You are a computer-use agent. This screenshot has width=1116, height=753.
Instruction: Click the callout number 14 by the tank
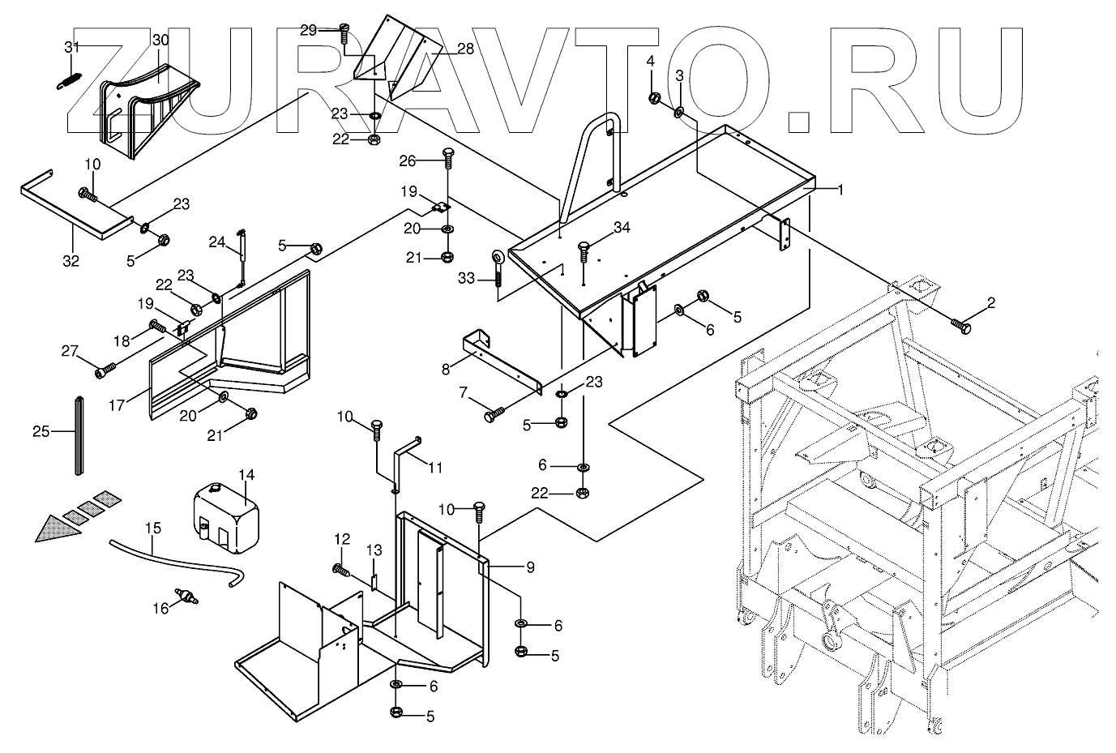point(246,475)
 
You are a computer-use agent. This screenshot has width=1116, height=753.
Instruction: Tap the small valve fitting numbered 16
point(187,596)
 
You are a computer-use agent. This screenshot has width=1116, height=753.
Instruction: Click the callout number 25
point(41,431)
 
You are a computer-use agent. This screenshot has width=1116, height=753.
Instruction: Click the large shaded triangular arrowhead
point(58,528)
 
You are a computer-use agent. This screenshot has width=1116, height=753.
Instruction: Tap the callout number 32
point(71,261)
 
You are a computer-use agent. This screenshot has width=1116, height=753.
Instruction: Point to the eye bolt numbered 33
point(498,268)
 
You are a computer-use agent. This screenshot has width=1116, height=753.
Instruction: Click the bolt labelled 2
point(961,327)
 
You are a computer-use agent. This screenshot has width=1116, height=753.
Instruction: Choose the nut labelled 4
point(655,98)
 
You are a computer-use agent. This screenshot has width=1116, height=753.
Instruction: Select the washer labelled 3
point(679,113)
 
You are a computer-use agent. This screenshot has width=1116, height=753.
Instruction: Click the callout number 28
point(465,49)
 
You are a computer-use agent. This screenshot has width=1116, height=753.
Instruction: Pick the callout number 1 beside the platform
point(840,190)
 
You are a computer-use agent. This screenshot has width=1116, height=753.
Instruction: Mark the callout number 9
point(531,567)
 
